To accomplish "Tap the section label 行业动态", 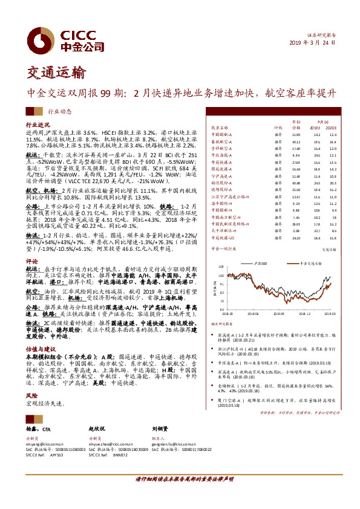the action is click(x=59, y=111).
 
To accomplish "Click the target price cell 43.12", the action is click(x=296, y=141).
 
